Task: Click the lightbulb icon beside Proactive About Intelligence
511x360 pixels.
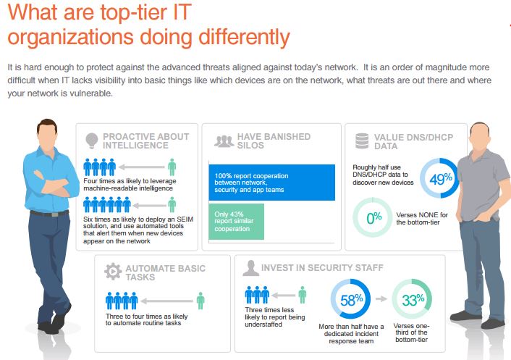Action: pyautogui.click(x=92, y=141)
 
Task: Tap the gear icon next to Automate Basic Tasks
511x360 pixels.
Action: pyautogui.click(x=113, y=272)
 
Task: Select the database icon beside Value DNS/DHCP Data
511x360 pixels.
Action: pyautogui.click(x=362, y=141)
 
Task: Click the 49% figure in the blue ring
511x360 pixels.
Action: pyautogui.click(x=441, y=179)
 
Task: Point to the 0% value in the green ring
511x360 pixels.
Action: pyautogui.click(x=373, y=217)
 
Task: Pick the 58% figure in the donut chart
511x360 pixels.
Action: pyautogui.click(x=351, y=300)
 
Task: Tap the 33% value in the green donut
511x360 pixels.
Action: pyautogui.click(x=413, y=300)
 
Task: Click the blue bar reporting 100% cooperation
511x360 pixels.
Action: pyautogui.click(x=272, y=183)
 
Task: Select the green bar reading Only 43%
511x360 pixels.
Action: pyautogui.click(x=236, y=222)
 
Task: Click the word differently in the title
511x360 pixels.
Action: pyautogui.click(x=244, y=37)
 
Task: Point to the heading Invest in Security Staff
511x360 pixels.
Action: pyautogui.click(x=322, y=268)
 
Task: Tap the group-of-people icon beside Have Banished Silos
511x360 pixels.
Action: pyautogui.click(x=224, y=141)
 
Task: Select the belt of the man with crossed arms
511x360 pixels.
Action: pyautogui.click(x=49, y=214)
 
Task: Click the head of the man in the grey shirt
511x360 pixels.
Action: pyautogui.click(x=480, y=136)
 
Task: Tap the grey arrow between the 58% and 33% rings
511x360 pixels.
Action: pyautogui.click(x=381, y=298)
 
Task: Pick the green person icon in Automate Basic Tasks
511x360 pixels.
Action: pyautogui.click(x=200, y=301)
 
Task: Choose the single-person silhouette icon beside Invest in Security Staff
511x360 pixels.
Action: pyautogui.click(x=250, y=268)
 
